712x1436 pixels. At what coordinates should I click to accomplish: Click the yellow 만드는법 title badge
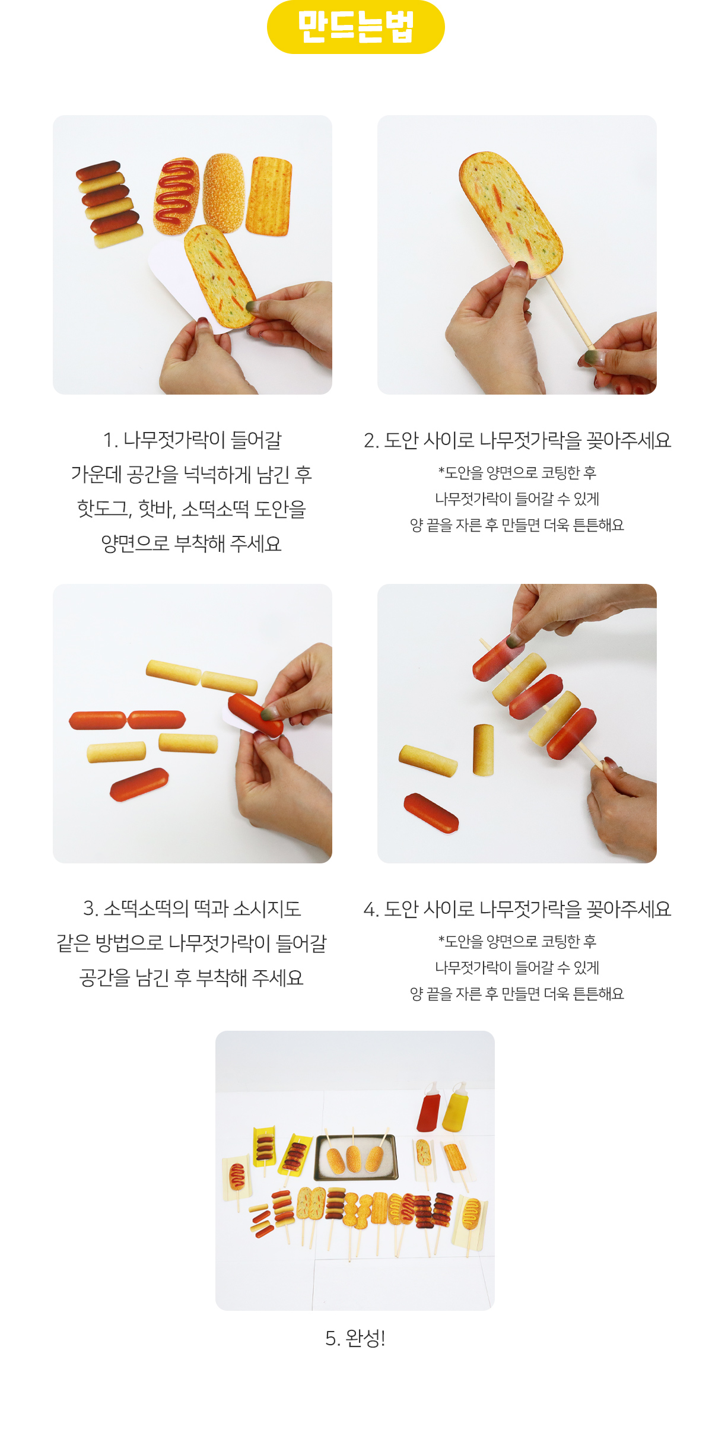(x=356, y=27)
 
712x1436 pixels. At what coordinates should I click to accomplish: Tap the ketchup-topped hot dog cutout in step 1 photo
(x=176, y=196)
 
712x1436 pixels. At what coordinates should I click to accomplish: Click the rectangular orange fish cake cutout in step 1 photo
(x=269, y=196)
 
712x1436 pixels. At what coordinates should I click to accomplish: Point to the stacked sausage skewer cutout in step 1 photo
(x=109, y=203)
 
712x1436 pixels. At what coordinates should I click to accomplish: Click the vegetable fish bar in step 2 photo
(x=511, y=215)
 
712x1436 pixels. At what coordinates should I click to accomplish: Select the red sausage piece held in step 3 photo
(x=256, y=714)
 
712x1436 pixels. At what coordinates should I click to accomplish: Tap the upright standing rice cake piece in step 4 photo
(x=483, y=749)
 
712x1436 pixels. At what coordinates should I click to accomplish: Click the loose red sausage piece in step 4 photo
(x=431, y=812)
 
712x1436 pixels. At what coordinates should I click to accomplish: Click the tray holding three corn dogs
(x=356, y=1157)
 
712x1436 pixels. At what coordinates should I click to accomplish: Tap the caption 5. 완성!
(x=355, y=1338)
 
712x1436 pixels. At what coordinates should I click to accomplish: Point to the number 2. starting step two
(x=371, y=441)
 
